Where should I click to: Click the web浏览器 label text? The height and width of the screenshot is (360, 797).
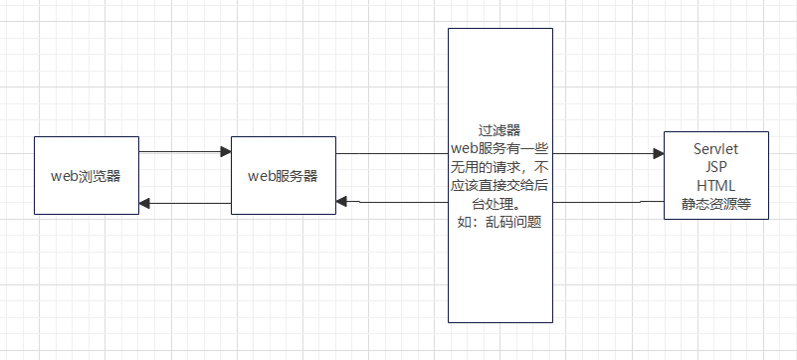(x=86, y=176)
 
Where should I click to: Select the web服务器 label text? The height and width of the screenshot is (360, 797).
(x=283, y=176)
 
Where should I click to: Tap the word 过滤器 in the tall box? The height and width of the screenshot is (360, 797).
(x=499, y=130)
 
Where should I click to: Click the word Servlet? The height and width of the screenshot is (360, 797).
(x=715, y=149)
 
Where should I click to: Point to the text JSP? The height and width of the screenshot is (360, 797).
(x=715, y=167)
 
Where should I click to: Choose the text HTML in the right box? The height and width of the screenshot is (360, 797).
(x=715, y=186)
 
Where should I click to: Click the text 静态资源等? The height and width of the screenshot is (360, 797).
(x=715, y=204)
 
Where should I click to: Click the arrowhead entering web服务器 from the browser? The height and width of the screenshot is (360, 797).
(x=225, y=152)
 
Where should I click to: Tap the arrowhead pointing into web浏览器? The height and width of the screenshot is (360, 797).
(x=144, y=203)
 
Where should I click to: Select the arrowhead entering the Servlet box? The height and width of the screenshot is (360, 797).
(x=658, y=154)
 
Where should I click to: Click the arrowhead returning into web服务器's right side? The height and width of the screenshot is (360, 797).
(x=341, y=202)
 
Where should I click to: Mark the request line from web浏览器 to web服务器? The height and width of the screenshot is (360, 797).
(x=179, y=152)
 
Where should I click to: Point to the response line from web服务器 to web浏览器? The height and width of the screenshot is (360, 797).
(x=189, y=203)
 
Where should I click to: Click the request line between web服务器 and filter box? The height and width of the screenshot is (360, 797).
(x=392, y=154)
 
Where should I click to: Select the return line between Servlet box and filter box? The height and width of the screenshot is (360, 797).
(x=607, y=203)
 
